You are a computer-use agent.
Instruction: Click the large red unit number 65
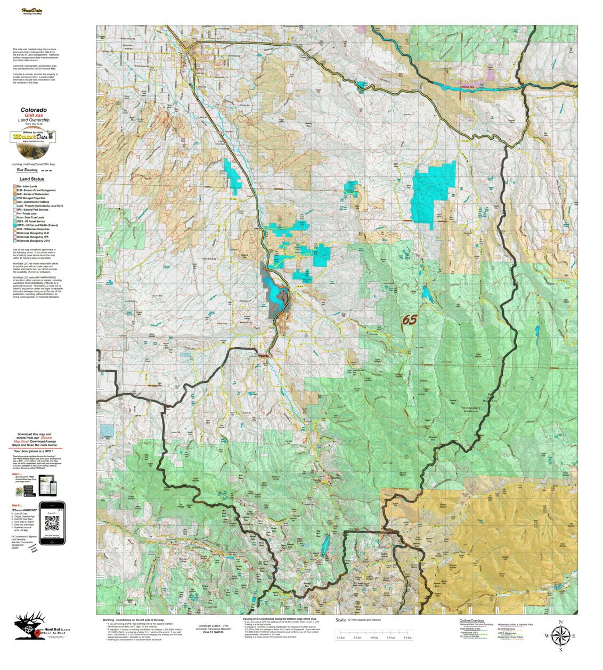tap(409, 320)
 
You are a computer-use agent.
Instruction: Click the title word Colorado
tap(34, 110)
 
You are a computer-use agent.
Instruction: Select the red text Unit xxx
tap(34, 116)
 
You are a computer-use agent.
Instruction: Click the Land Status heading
tap(32, 179)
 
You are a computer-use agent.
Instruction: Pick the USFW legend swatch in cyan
tap(15, 225)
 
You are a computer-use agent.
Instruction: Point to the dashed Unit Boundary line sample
tap(47, 170)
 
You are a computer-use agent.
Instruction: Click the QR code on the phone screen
tap(52, 524)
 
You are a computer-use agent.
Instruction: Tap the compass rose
tap(560, 635)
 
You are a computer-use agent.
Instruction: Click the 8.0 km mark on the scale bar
tap(408, 637)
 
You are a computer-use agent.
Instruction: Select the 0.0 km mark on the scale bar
tap(341, 637)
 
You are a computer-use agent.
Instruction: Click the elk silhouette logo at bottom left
tap(27, 627)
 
